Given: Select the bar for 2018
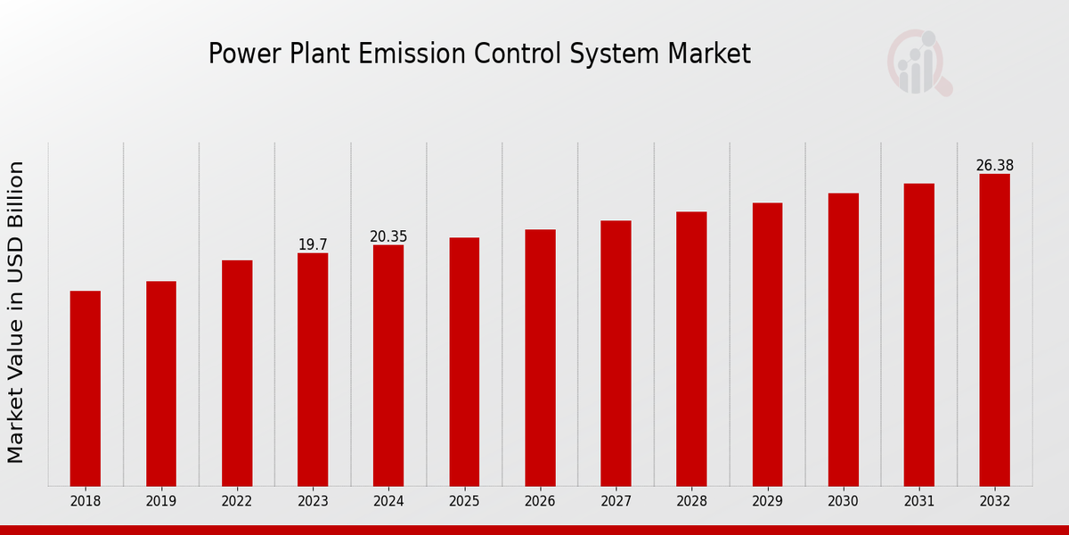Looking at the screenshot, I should [x=86, y=388].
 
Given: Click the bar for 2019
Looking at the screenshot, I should [x=161, y=383].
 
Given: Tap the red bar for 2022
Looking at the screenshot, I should [x=237, y=373].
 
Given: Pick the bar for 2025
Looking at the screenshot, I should [x=464, y=361].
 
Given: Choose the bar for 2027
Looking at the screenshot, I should [x=616, y=353].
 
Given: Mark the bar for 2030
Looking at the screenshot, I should [x=843, y=339].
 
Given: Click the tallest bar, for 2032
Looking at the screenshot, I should [x=994, y=330].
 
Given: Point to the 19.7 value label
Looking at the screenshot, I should [x=313, y=244].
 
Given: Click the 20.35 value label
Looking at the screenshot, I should [x=388, y=236].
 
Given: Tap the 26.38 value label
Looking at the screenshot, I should [x=994, y=166].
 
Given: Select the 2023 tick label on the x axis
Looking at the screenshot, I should [x=313, y=502].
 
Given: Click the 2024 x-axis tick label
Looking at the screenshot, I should [x=388, y=502].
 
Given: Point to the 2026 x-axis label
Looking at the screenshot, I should [x=540, y=502].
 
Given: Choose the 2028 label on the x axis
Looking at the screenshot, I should [x=691, y=502].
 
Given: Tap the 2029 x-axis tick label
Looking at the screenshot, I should [x=767, y=502].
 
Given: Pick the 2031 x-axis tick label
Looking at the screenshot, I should [x=918, y=502].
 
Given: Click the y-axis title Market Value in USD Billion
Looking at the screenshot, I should [x=16, y=312].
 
